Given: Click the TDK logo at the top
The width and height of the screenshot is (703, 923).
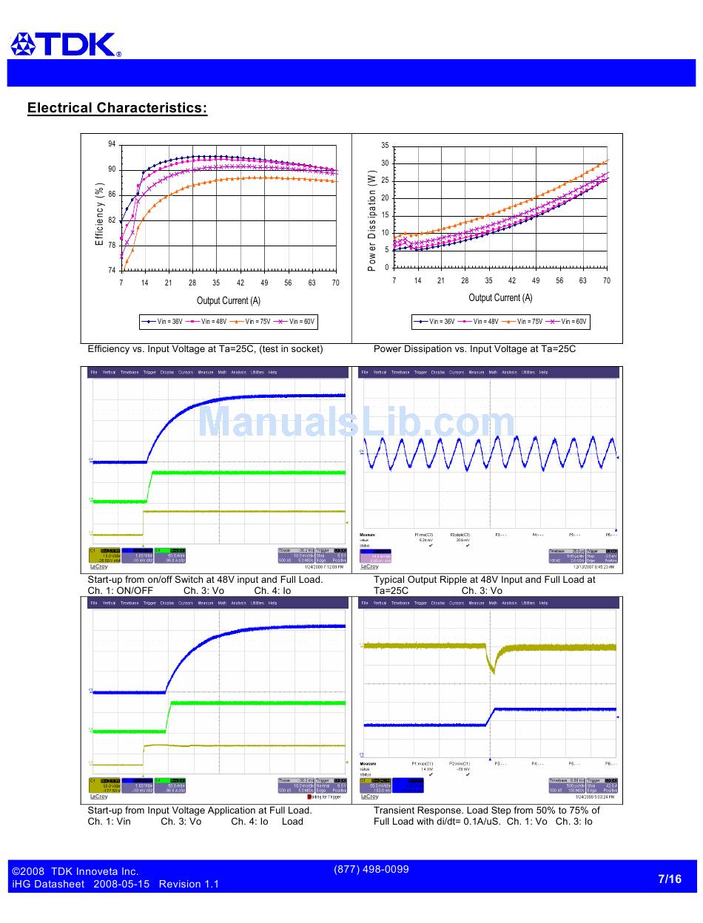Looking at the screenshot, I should (x=65, y=44).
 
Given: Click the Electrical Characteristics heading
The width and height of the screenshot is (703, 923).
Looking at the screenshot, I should (x=117, y=108).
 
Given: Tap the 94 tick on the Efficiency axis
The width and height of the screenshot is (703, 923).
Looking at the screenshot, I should (x=112, y=143).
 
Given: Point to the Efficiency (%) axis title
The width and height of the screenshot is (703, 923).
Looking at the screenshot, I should (x=99, y=214).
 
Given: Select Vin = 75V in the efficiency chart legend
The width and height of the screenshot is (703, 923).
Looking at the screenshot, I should (x=255, y=322).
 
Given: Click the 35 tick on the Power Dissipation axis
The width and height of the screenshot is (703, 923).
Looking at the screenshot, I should (x=385, y=145).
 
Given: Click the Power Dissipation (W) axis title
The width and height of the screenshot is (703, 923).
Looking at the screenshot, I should (x=372, y=220).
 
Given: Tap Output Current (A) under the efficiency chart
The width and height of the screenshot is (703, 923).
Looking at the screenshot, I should (x=228, y=300).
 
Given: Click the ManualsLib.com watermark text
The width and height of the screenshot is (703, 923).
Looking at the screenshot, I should (x=356, y=422).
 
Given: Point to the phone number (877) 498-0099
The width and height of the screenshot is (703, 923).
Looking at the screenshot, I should (x=371, y=869).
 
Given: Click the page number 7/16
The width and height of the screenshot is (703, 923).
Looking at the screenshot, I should (x=669, y=879).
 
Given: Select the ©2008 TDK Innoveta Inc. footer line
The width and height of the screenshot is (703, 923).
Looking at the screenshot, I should (x=75, y=871).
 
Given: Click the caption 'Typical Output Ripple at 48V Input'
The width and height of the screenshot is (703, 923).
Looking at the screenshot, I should (x=484, y=579).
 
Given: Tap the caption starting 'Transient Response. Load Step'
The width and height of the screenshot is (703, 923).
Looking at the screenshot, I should (x=486, y=810).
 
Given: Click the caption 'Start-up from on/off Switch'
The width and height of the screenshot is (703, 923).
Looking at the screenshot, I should (x=205, y=579).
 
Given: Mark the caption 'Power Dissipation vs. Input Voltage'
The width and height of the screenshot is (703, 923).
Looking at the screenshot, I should (x=474, y=348).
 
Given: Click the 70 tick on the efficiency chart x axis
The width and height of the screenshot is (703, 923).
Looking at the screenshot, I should (x=335, y=283).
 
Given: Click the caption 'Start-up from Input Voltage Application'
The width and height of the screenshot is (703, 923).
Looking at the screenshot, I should (x=200, y=810).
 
